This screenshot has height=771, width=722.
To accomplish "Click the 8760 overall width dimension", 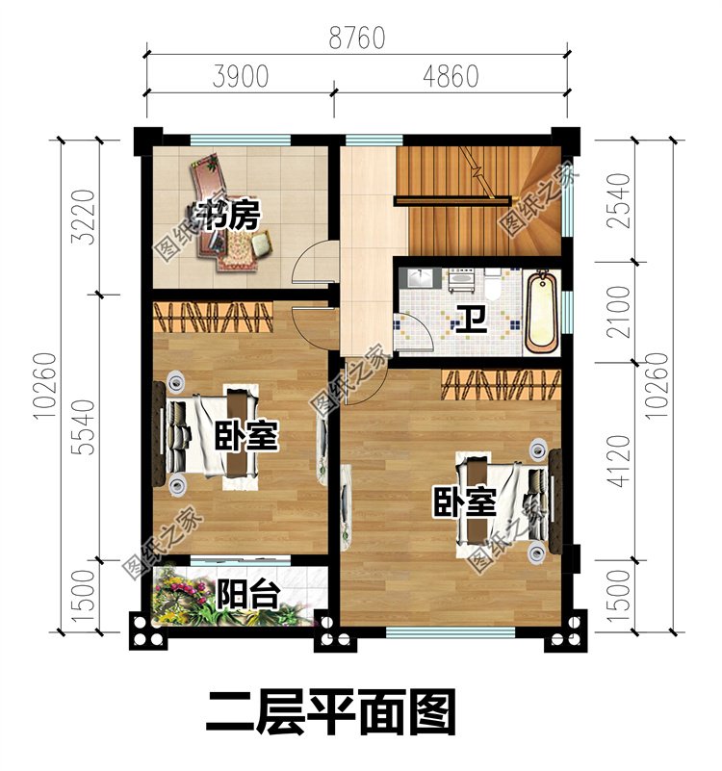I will point(356,39).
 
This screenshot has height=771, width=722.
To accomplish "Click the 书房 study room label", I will point(228,216).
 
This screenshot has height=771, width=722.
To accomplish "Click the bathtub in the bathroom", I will point(542,312).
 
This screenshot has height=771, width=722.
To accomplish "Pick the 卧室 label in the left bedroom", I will point(247,436).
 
